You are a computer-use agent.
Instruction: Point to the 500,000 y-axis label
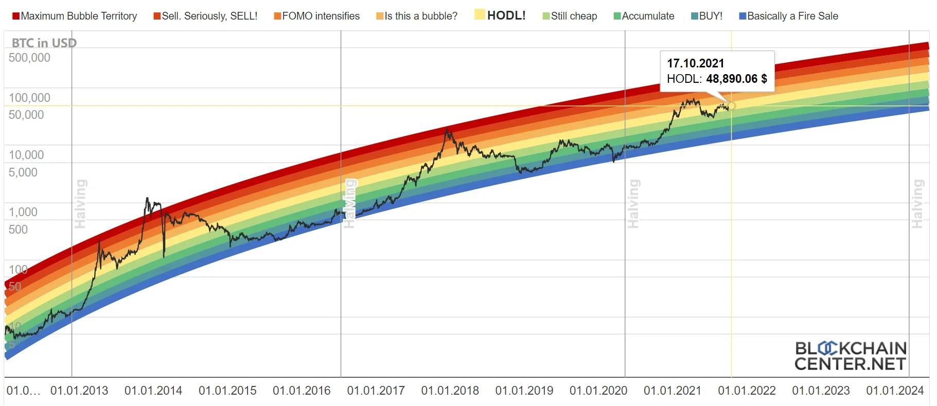[29, 58]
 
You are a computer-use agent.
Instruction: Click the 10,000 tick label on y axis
[26, 155]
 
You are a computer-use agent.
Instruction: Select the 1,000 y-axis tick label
[23, 212]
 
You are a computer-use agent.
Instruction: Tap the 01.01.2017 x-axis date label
[376, 391]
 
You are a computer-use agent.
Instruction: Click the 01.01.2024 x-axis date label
[895, 391]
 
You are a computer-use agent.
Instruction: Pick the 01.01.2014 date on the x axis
[153, 391]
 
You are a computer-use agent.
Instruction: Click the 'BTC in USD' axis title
[44, 43]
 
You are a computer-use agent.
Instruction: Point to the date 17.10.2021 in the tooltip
[695, 63]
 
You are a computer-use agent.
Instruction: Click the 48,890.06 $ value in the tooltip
[736, 79]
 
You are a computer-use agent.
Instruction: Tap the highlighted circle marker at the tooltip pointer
[731, 105]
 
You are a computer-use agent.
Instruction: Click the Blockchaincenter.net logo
[850, 356]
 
